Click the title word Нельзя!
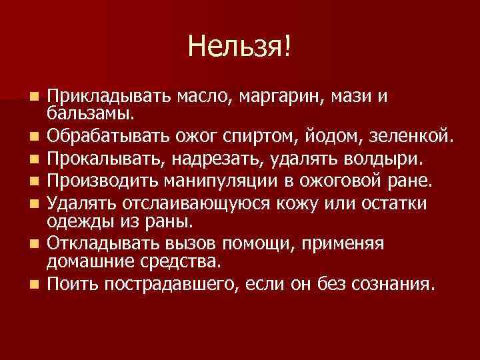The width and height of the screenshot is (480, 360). pyautogui.click(x=240, y=46)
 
